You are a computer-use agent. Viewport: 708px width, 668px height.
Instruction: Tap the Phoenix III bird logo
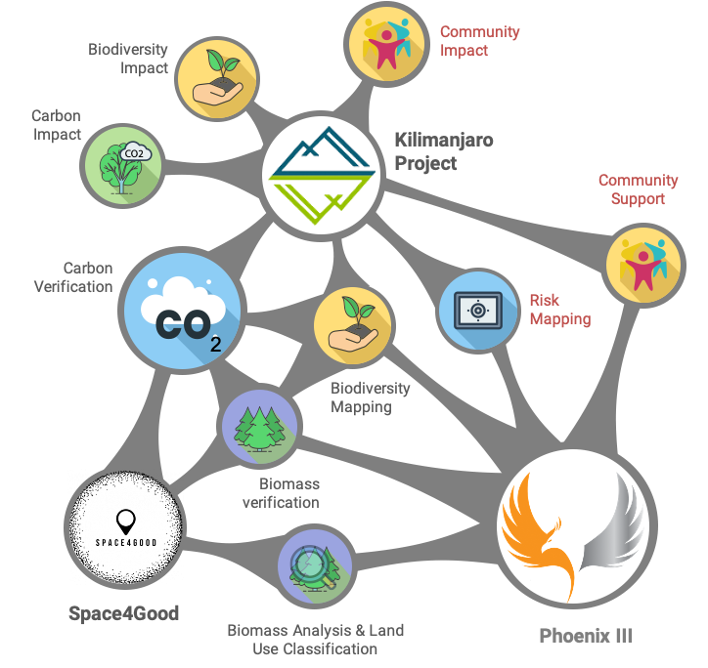(572, 533)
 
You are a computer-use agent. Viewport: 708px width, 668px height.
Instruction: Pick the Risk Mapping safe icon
(476, 311)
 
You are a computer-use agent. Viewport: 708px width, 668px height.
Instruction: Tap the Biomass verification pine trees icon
(259, 427)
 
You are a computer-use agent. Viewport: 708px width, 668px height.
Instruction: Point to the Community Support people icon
(644, 264)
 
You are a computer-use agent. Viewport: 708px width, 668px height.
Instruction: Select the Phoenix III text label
(587, 636)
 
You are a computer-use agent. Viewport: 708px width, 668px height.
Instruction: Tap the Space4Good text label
(124, 613)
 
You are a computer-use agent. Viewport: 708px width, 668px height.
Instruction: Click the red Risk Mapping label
(559, 310)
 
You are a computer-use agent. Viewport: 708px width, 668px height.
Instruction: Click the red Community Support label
(638, 189)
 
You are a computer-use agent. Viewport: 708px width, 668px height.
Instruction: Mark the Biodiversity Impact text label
(127, 58)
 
